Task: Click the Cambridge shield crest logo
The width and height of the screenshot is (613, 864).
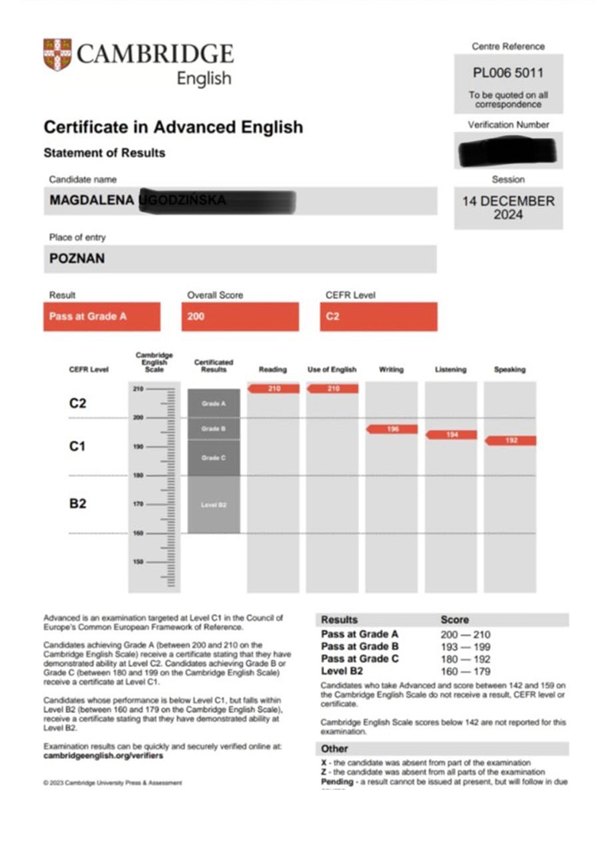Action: pos(57,54)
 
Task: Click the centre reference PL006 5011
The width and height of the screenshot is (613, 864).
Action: pos(508,74)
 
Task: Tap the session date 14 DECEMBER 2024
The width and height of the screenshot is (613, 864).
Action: pos(508,208)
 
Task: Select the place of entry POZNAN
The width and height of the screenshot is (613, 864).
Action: pos(77,258)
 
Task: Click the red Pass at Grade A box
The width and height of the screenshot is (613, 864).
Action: pos(101,316)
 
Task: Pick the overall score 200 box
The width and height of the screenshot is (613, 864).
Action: pos(239,316)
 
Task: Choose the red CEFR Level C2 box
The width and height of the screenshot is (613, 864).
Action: pos(378,316)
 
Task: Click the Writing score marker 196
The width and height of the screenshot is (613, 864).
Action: pos(392,429)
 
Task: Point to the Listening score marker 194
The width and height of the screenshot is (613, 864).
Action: pos(451,435)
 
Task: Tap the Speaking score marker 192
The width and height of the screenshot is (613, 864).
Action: pos(510,441)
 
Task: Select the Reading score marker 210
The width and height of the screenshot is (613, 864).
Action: pos(274,389)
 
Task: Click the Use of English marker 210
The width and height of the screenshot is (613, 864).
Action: pos(333,389)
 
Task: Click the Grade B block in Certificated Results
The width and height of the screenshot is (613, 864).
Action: pos(213,429)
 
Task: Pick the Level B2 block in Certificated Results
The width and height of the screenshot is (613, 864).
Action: pos(213,504)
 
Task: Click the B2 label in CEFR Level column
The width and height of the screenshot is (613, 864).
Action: pos(78,504)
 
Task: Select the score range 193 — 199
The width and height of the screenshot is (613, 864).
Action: pos(465,647)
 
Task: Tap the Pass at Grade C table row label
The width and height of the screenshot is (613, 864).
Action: pos(359,659)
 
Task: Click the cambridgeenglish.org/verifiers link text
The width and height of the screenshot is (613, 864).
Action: pos(103,755)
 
